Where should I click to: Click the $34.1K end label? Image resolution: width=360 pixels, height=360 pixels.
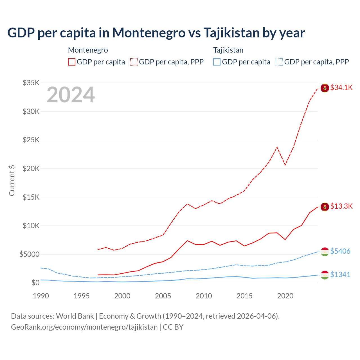(341, 87)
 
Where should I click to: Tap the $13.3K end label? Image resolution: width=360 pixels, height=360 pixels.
(341, 206)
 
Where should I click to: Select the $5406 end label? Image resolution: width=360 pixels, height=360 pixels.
(340, 251)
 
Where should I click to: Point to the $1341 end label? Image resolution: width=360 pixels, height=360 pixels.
(340, 274)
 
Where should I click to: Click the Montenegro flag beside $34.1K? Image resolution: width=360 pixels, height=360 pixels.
(325, 88)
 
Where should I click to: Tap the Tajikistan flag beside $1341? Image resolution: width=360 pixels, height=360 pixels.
(325, 275)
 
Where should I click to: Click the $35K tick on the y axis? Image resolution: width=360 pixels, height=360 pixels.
(31, 83)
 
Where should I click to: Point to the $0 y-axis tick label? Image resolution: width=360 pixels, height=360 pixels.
(35, 283)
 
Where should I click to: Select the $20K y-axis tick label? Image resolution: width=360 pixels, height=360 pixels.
(31, 168)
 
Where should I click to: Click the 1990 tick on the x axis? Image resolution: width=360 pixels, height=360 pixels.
(41, 296)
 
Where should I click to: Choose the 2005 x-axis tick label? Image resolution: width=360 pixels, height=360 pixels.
(163, 296)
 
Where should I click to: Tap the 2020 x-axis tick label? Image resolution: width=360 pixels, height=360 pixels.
(285, 296)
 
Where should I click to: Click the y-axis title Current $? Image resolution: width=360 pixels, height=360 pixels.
(12, 181)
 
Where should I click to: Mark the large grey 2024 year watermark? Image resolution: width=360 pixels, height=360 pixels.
(71, 95)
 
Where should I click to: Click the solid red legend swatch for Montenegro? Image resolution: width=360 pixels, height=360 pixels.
(72, 62)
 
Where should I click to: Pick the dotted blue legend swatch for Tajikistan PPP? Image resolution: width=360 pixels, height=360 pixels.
(279, 62)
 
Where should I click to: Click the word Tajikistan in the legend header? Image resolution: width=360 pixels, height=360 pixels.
(228, 50)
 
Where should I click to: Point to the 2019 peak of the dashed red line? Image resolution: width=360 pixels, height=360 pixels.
(277, 147)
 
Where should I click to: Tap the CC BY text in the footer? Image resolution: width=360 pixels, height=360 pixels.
(173, 327)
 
